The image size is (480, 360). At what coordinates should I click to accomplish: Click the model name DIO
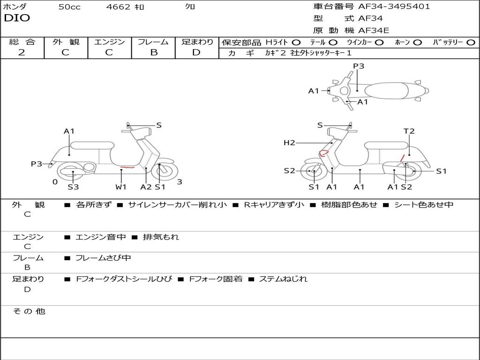click(17, 18)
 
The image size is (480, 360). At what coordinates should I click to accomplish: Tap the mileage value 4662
click(118, 7)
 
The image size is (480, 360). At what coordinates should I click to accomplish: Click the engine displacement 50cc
click(69, 7)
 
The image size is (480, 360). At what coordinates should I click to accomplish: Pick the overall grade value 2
click(22, 52)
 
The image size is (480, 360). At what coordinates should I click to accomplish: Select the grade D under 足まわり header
click(196, 52)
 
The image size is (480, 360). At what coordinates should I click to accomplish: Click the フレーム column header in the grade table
click(153, 42)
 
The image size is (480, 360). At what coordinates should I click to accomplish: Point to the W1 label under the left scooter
click(121, 187)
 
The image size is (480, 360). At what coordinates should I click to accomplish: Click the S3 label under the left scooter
click(73, 187)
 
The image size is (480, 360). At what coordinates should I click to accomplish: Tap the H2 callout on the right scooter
click(289, 142)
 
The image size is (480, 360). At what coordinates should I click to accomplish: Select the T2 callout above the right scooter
click(409, 131)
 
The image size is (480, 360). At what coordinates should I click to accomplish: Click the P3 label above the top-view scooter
click(359, 66)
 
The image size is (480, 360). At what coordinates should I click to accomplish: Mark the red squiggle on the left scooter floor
click(127, 167)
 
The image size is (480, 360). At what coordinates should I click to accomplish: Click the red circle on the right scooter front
click(323, 152)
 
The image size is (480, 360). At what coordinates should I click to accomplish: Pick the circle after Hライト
click(296, 42)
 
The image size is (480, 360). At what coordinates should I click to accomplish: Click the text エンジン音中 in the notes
click(101, 237)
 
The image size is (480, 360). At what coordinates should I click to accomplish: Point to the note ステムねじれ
click(283, 279)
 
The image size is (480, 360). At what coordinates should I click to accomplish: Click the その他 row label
click(29, 311)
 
